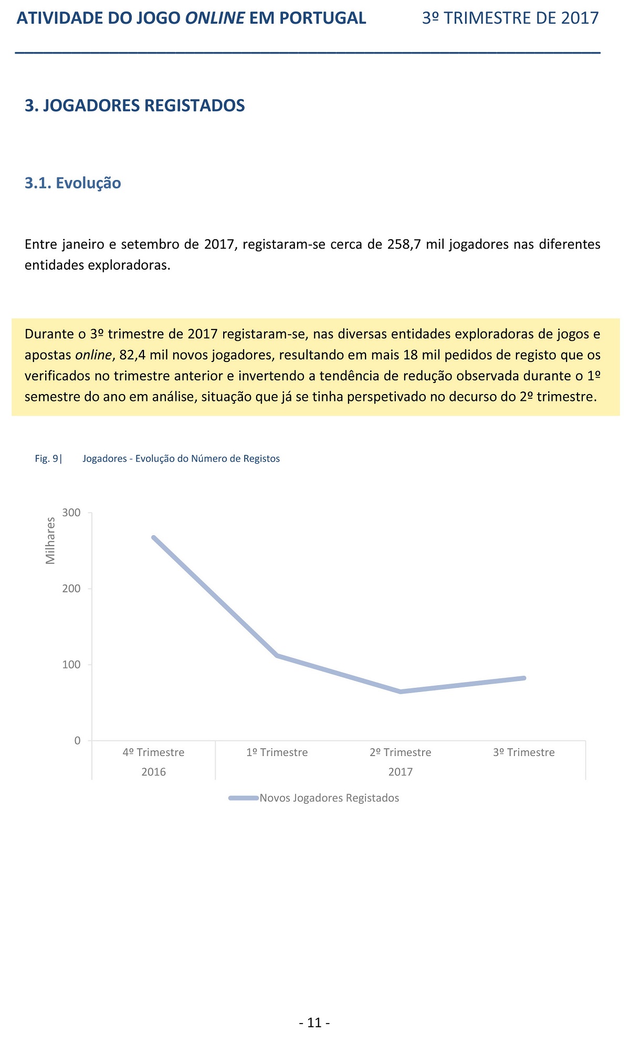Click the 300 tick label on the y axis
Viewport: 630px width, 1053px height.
71,513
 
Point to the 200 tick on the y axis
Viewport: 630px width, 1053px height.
71,589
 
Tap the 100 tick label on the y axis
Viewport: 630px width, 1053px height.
71,665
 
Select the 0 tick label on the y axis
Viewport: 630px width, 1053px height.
78,741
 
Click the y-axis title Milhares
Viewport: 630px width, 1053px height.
50,541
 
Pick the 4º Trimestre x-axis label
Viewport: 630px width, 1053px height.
153,752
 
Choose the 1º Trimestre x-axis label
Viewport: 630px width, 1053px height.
277,752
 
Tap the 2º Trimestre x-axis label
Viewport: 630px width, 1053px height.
401,752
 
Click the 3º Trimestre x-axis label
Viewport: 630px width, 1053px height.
524,752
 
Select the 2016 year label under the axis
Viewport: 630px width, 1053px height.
153,772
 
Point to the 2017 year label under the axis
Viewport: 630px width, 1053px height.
401,772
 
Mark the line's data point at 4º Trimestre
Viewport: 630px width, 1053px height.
153,537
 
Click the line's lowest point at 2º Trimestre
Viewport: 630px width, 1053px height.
401,692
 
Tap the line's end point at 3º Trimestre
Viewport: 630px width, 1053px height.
524,678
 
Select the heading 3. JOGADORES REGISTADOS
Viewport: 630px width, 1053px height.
135,105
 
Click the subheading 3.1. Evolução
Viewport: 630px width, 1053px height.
73,183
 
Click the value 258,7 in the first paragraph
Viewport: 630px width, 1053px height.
404,244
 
